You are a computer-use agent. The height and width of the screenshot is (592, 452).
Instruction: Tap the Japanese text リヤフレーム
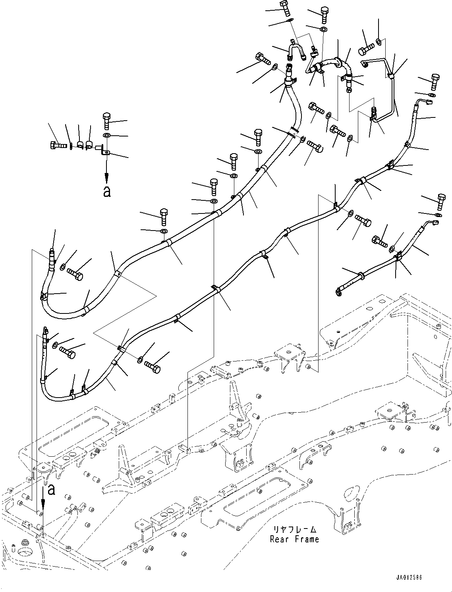tap(294, 530)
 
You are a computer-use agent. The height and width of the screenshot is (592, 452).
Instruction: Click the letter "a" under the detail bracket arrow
tap(106, 192)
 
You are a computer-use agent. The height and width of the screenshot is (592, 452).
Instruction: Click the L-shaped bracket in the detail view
tap(105, 151)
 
